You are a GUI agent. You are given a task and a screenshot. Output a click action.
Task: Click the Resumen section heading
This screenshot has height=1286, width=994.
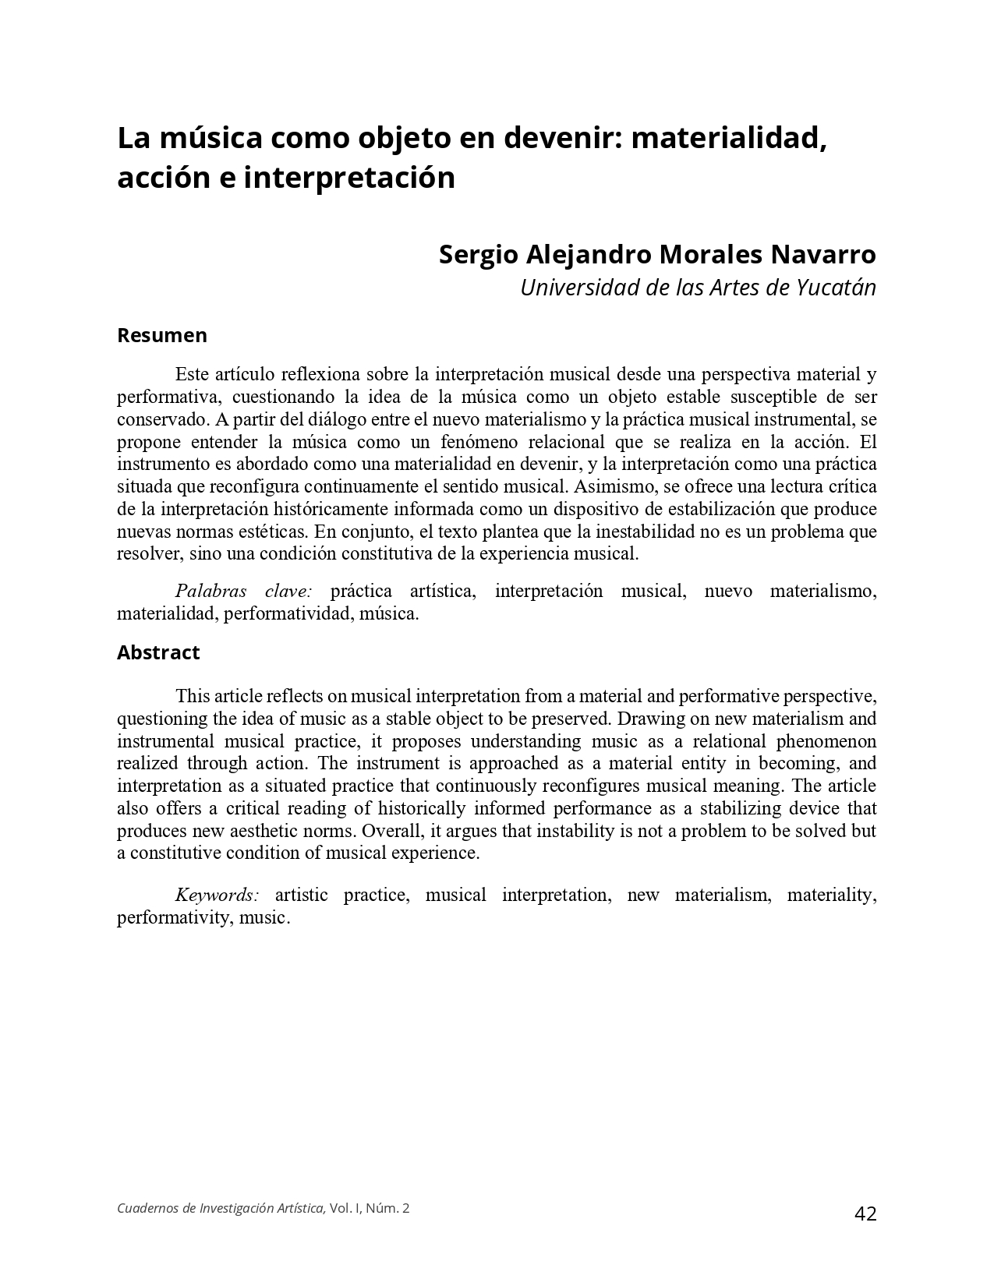(x=162, y=335)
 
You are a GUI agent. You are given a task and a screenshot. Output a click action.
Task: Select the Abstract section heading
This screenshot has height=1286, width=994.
(x=158, y=652)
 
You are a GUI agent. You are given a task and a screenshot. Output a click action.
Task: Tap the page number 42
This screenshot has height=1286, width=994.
(x=865, y=1214)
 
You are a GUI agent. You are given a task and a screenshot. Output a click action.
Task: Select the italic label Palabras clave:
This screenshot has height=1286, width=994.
(x=243, y=591)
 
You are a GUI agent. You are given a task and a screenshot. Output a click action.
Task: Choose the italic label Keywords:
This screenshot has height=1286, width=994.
(x=217, y=895)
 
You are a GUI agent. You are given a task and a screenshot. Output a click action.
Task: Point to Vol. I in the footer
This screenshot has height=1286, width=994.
(x=343, y=1208)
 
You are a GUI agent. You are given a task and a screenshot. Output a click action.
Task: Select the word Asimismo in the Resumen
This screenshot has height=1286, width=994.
(x=603, y=486)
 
